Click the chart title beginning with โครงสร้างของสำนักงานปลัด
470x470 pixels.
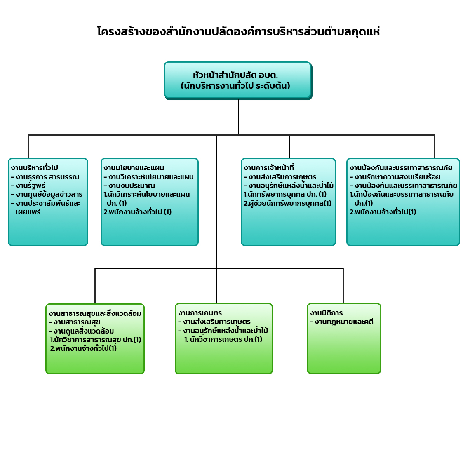238,31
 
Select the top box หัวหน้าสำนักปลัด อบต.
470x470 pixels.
238,80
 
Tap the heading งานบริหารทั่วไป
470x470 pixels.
35,167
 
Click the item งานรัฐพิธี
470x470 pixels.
28,186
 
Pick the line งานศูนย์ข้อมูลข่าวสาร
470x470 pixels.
47,194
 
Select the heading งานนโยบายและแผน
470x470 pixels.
134,167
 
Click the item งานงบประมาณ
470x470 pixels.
129,186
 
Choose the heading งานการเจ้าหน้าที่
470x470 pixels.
269,167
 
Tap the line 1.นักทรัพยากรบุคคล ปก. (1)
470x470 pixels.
285,194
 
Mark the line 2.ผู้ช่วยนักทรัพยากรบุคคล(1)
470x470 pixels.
287,203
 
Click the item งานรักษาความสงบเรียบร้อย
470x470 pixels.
395,177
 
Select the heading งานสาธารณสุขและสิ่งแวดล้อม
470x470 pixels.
95,313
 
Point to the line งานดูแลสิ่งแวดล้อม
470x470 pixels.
81,331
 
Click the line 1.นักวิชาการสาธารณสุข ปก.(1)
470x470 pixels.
96,340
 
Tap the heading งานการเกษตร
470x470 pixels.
200,313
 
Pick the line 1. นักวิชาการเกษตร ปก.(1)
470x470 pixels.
223,339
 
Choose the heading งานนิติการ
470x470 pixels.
327,313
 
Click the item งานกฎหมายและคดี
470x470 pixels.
342,322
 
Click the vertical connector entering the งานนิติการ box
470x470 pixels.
343,286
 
